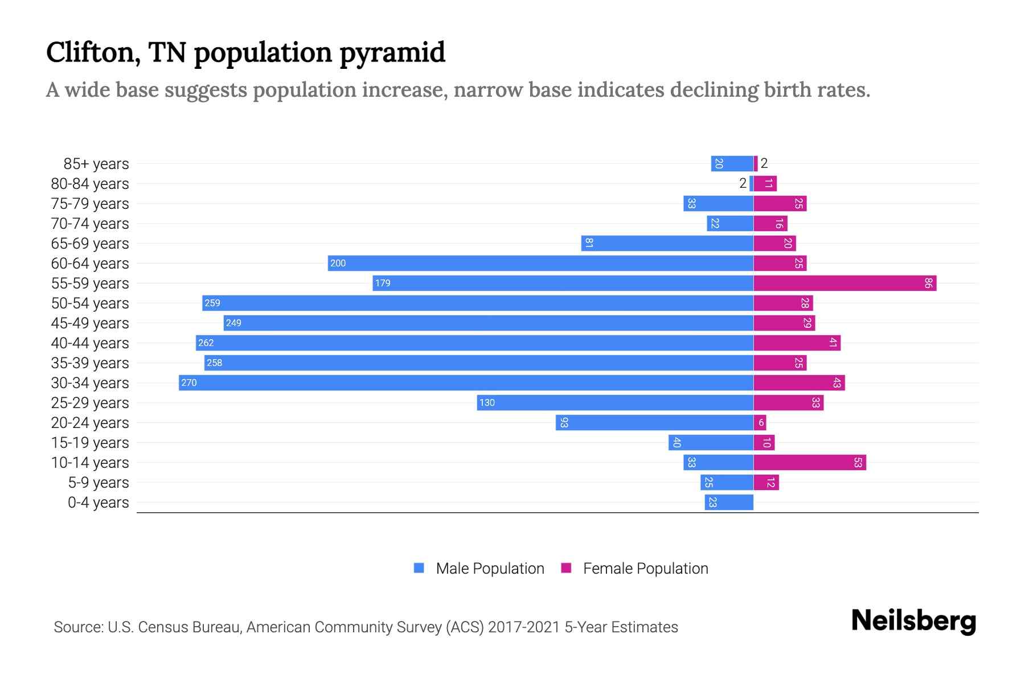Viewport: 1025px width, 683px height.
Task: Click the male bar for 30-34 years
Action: [x=466, y=382]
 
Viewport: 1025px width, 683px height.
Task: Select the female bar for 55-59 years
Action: [x=844, y=283]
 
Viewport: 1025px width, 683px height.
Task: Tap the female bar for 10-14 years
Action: [x=809, y=462]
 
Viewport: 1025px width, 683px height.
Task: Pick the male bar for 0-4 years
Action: [x=729, y=502]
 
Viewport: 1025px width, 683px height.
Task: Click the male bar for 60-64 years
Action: [x=540, y=263]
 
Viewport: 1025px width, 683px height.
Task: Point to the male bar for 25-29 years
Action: [x=615, y=402]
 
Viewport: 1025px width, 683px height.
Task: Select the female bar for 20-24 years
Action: [x=760, y=422]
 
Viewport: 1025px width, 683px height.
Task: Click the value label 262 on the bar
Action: [x=206, y=343]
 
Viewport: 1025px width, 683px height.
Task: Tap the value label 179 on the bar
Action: [x=383, y=283]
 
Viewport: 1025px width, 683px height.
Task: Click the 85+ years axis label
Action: [x=96, y=164]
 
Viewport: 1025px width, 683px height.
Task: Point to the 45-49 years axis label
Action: [x=90, y=323]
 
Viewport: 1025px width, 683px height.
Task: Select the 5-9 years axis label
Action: [x=98, y=483]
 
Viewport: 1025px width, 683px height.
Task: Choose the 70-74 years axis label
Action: [x=90, y=224]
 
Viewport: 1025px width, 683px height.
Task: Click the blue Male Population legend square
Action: [x=419, y=568]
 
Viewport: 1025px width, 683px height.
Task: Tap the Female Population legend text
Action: [x=645, y=569]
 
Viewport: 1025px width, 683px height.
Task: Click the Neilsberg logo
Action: [x=913, y=621]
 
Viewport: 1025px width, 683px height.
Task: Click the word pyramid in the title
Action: [x=392, y=52]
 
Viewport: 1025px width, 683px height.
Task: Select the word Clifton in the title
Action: [x=93, y=52]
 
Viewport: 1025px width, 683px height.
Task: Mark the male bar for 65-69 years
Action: [x=667, y=243]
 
